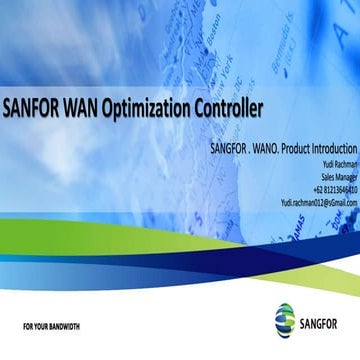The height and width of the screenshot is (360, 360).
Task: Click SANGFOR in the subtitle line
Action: pos(232,150)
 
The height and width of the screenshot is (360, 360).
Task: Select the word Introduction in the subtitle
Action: pos(335,150)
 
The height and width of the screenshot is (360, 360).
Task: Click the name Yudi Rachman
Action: pos(338,164)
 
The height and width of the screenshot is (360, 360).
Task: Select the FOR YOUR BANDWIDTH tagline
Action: pos(51,327)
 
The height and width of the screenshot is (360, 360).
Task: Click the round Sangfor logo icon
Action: pos(284,319)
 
